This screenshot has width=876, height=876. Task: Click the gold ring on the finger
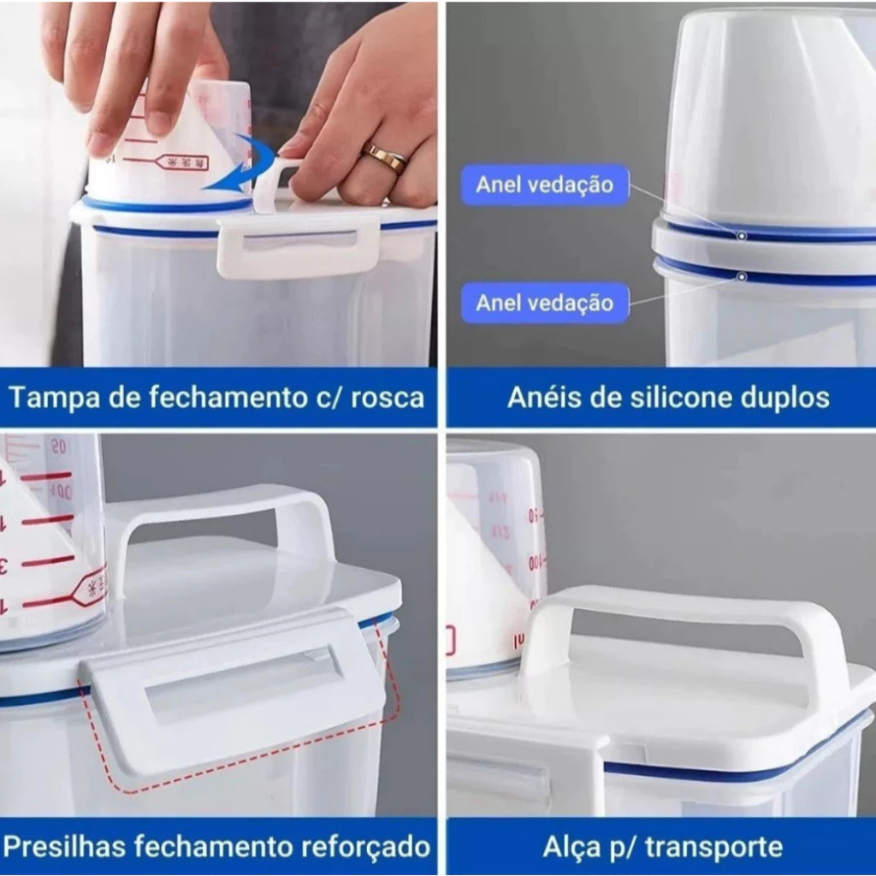(384, 157)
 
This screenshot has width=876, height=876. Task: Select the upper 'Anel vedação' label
(545, 185)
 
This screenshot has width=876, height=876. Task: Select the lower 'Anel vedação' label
(545, 303)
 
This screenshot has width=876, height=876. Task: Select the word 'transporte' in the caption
(713, 847)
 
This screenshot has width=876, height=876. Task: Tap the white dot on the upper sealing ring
(742, 235)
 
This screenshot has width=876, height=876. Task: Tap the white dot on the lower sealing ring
(742, 276)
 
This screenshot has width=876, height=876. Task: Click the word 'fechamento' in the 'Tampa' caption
(221, 397)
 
